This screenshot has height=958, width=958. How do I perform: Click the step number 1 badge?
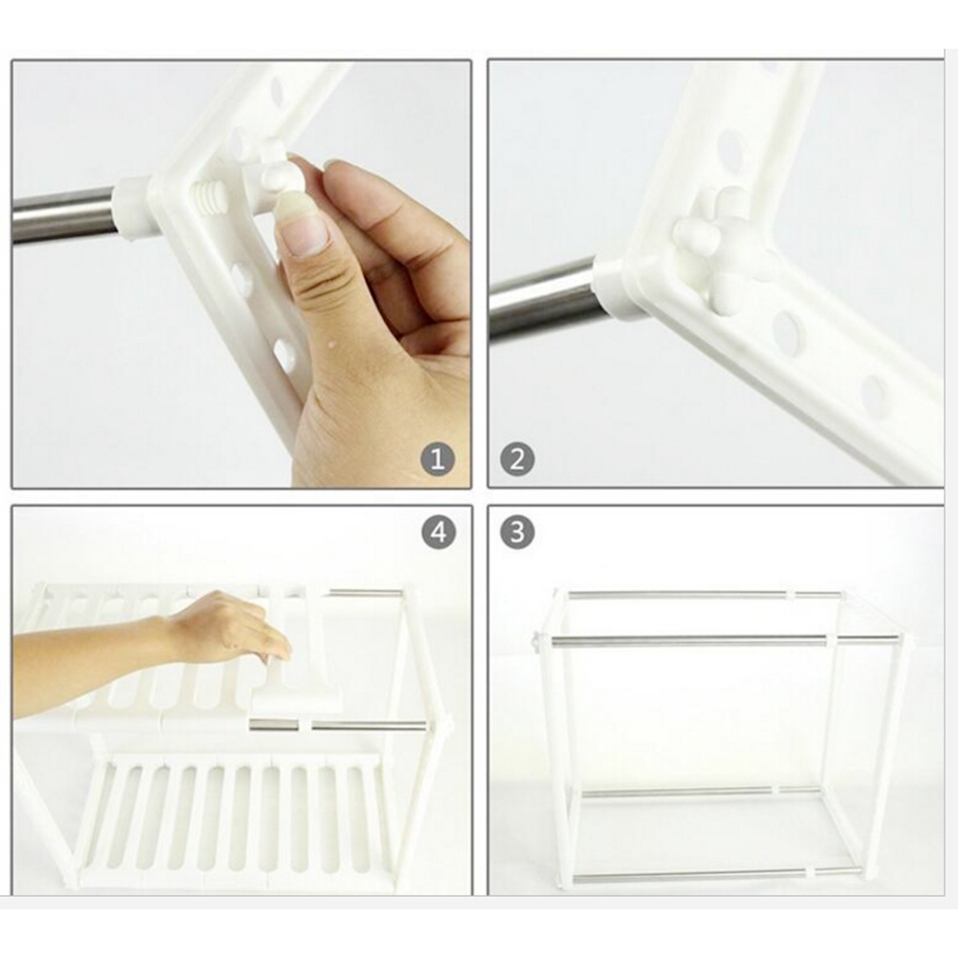(438, 459)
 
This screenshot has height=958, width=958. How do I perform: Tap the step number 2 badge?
(517, 459)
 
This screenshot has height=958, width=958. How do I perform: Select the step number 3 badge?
(517, 533)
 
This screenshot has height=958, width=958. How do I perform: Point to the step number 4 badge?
(438, 533)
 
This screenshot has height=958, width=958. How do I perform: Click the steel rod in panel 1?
(64, 216)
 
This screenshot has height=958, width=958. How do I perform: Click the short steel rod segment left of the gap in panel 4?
(274, 726)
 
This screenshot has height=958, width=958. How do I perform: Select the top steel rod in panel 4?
(366, 593)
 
